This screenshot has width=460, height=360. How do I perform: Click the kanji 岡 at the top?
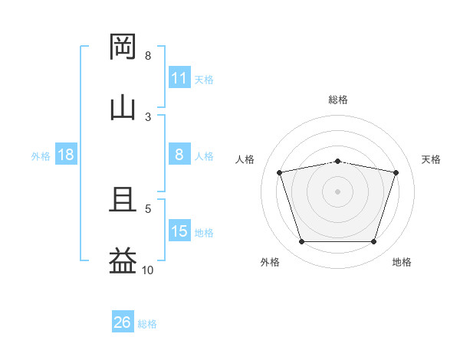[123, 47]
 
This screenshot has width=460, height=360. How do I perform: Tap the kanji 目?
[123, 199]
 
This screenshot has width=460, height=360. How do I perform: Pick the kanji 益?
[123, 260]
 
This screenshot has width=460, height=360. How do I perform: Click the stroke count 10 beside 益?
[147, 270]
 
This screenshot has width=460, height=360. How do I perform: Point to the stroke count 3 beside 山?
[148, 117]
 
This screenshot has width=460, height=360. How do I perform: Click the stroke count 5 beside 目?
[148, 209]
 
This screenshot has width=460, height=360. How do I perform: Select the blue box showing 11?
[179, 77]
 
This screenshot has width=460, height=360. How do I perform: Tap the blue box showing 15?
[179, 230]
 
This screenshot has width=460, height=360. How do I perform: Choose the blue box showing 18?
[66, 154]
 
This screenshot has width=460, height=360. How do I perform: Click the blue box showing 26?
[123, 321]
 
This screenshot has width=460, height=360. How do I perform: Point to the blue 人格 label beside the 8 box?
[204, 156]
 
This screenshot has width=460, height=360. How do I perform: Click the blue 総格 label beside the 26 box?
[147, 324]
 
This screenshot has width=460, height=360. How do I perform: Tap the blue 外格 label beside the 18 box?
[41, 156]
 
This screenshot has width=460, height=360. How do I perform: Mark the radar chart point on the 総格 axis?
[337, 162]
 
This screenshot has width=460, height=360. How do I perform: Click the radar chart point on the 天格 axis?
[396, 172]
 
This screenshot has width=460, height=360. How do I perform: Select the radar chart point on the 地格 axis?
[373, 241]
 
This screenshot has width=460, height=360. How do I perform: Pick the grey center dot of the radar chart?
[337, 191]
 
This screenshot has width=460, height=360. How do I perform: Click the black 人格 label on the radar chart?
[245, 159]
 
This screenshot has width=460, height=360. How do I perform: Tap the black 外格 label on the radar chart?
[270, 262]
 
